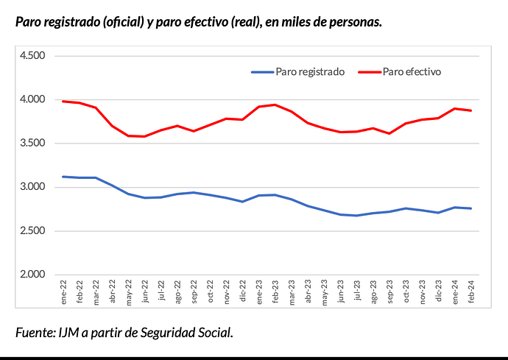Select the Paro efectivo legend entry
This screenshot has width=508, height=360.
(x=412, y=72)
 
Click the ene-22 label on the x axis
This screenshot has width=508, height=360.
(x=64, y=294)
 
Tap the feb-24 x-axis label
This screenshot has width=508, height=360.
(x=470, y=294)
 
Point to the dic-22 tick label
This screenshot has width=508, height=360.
(x=242, y=294)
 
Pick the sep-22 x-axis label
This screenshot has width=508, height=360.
(x=194, y=294)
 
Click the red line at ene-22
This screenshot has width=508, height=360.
(x=64, y=102)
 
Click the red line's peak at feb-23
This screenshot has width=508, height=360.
(x=275, y=105)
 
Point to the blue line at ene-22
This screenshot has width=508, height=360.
(x=64, y=177)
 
